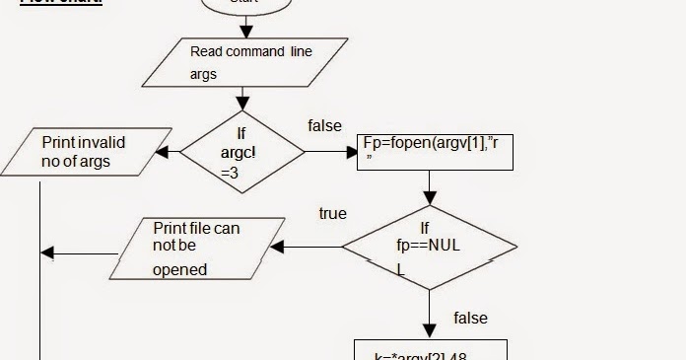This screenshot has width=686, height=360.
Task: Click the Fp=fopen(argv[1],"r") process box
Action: coord(435,152)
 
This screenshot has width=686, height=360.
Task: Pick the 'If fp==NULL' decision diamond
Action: coord(429,247)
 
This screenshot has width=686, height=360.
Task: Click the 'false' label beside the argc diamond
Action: coord(324,125)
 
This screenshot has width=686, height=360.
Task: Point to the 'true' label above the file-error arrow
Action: coord(332,213)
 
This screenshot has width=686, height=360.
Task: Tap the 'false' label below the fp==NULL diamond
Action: coord(470,318)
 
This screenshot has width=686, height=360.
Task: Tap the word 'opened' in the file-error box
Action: coord(179,269)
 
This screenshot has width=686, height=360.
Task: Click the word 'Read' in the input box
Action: coord(206,51)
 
